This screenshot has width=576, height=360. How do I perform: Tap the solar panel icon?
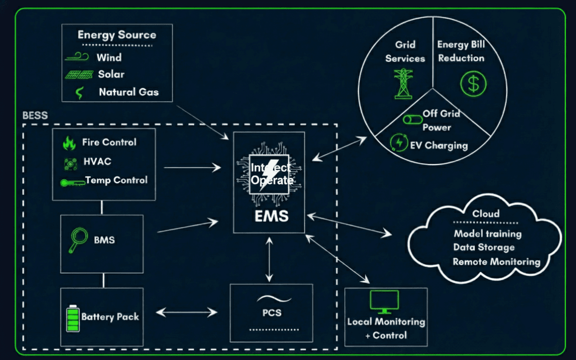click(79, 74)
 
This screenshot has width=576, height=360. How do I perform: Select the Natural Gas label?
click(129, 92)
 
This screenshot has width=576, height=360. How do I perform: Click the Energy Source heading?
click(117, 35)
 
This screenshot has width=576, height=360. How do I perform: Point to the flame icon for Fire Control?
click(69, 143)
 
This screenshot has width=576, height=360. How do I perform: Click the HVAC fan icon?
click(70, 162)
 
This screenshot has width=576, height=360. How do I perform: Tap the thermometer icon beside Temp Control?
click(72, 182)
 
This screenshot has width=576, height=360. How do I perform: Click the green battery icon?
click(72, 318)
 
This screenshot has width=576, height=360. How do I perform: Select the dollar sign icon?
click(473, 84)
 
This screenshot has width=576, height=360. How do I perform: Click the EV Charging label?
click(438, 145)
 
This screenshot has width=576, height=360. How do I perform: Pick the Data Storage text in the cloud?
click(483, 247)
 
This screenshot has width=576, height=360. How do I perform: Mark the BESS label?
click(35, 115)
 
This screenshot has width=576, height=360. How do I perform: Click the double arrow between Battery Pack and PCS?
click(186, 312)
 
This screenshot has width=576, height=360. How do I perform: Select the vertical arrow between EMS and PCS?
click(269, 259)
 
